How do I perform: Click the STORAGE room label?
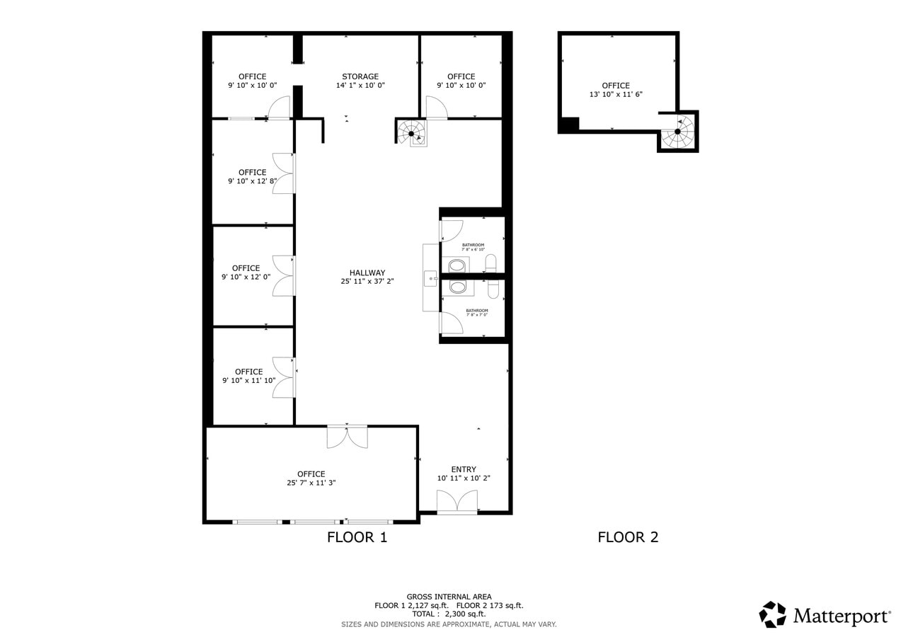point(360,76)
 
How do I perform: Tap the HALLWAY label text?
point(367,272)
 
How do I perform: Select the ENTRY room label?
point(464,469)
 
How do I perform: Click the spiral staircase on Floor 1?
point(412,132)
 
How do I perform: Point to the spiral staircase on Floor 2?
point(678,132)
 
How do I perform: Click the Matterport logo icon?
point(772,614)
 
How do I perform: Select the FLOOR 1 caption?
point(357,537)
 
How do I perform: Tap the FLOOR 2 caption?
point(628,537)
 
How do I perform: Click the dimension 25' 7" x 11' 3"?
point(311,483)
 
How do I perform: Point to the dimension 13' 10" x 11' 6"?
point(616,94)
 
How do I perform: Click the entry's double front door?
point(457,501)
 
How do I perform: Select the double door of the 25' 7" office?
point(347,437)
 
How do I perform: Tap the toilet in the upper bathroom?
point(490,263)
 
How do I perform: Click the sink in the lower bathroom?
point(458,287)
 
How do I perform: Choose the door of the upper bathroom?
point(451,231)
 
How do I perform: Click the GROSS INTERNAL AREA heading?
point(449,597)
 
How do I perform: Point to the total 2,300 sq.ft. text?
point(449,614)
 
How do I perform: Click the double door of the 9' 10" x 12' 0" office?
point(283,275)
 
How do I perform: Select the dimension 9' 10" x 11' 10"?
point(248,381)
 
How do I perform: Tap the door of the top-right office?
point(436,108)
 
